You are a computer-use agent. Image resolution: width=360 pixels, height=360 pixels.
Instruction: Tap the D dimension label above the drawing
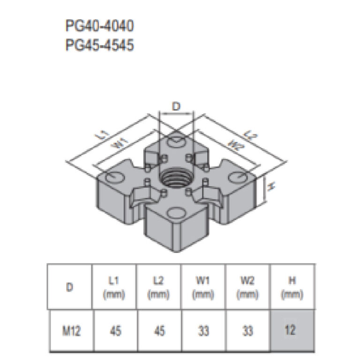coord(176,107)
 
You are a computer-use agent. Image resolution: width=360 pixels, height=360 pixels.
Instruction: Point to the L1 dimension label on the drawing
coord(103,135)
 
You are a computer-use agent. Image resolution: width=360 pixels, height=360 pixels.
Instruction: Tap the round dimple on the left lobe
coord(114,177)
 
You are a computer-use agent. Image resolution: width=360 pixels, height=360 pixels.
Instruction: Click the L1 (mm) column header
coord(114,287)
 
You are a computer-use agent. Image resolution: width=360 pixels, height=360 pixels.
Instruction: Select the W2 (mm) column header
coord(248,287)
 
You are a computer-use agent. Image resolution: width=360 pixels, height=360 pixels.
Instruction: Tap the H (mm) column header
coord(292,287)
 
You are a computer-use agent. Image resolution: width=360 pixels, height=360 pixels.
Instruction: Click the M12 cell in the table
coord(70,331)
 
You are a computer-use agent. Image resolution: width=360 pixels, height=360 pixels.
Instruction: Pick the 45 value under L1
coord(114,331)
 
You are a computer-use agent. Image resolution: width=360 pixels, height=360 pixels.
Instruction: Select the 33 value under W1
coord(203,331)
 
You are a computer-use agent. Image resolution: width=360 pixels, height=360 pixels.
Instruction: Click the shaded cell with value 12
coord(292,330)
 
